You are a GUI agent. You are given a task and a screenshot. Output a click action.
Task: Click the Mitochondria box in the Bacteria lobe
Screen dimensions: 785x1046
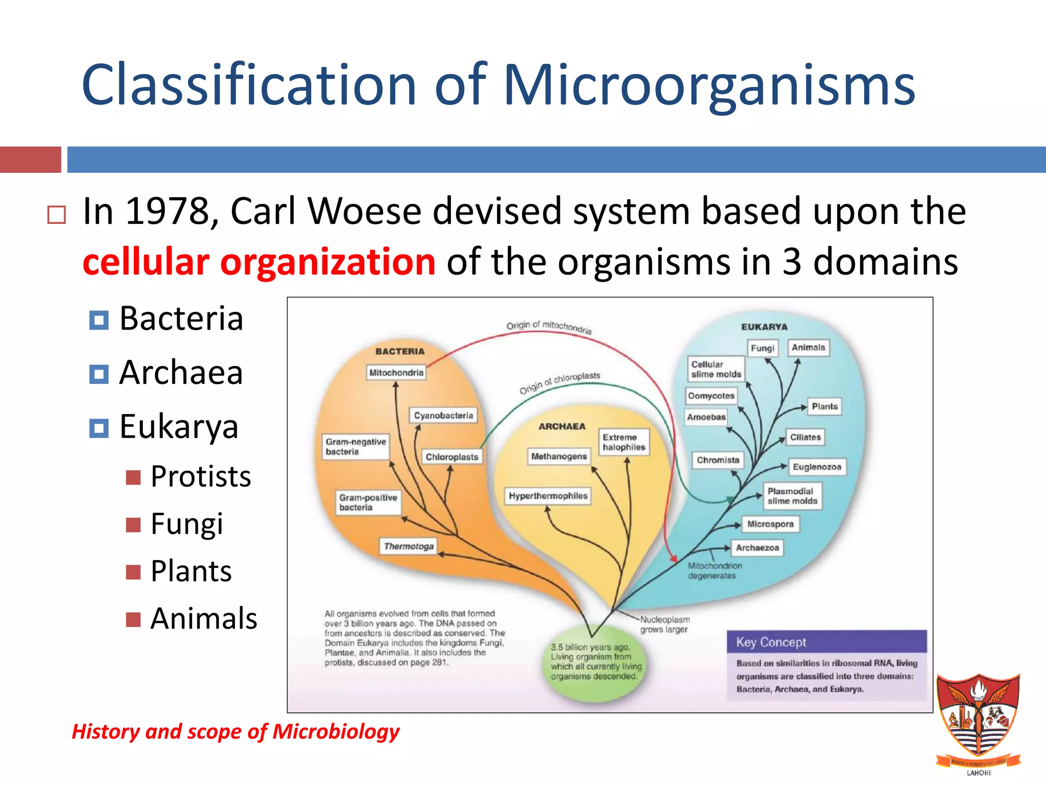coord(396,373)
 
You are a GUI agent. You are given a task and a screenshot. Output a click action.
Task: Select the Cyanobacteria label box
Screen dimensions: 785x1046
coord(443,415)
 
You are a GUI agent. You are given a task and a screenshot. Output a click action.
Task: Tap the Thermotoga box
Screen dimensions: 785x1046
coord(409,546)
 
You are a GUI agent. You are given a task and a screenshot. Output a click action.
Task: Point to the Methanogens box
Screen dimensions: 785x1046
coord(559,456)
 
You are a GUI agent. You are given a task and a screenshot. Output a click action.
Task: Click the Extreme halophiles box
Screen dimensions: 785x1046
coord(624,442)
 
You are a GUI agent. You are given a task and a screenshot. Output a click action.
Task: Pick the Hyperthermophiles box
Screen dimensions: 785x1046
coord(548,496)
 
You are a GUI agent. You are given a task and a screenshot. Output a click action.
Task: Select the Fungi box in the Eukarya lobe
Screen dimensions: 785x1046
coord(763,348)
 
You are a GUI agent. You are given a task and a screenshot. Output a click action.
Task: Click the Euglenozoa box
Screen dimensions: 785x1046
coord(817,467)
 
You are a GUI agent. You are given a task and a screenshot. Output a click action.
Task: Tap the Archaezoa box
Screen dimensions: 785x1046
coord(757,548)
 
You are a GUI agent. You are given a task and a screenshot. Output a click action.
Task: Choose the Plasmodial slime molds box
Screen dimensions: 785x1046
coord(792,496)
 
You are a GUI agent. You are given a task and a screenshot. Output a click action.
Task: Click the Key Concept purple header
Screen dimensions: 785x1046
coord(826,642)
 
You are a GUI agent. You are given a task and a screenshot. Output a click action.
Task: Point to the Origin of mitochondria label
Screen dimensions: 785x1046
coord(549,327)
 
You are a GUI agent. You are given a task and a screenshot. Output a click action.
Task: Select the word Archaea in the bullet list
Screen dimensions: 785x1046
coord(181,372)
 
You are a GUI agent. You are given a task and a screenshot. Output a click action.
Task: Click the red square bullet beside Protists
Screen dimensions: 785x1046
coord(133,477)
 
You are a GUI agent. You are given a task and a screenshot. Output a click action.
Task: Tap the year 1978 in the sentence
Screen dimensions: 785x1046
coord(168,211)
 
